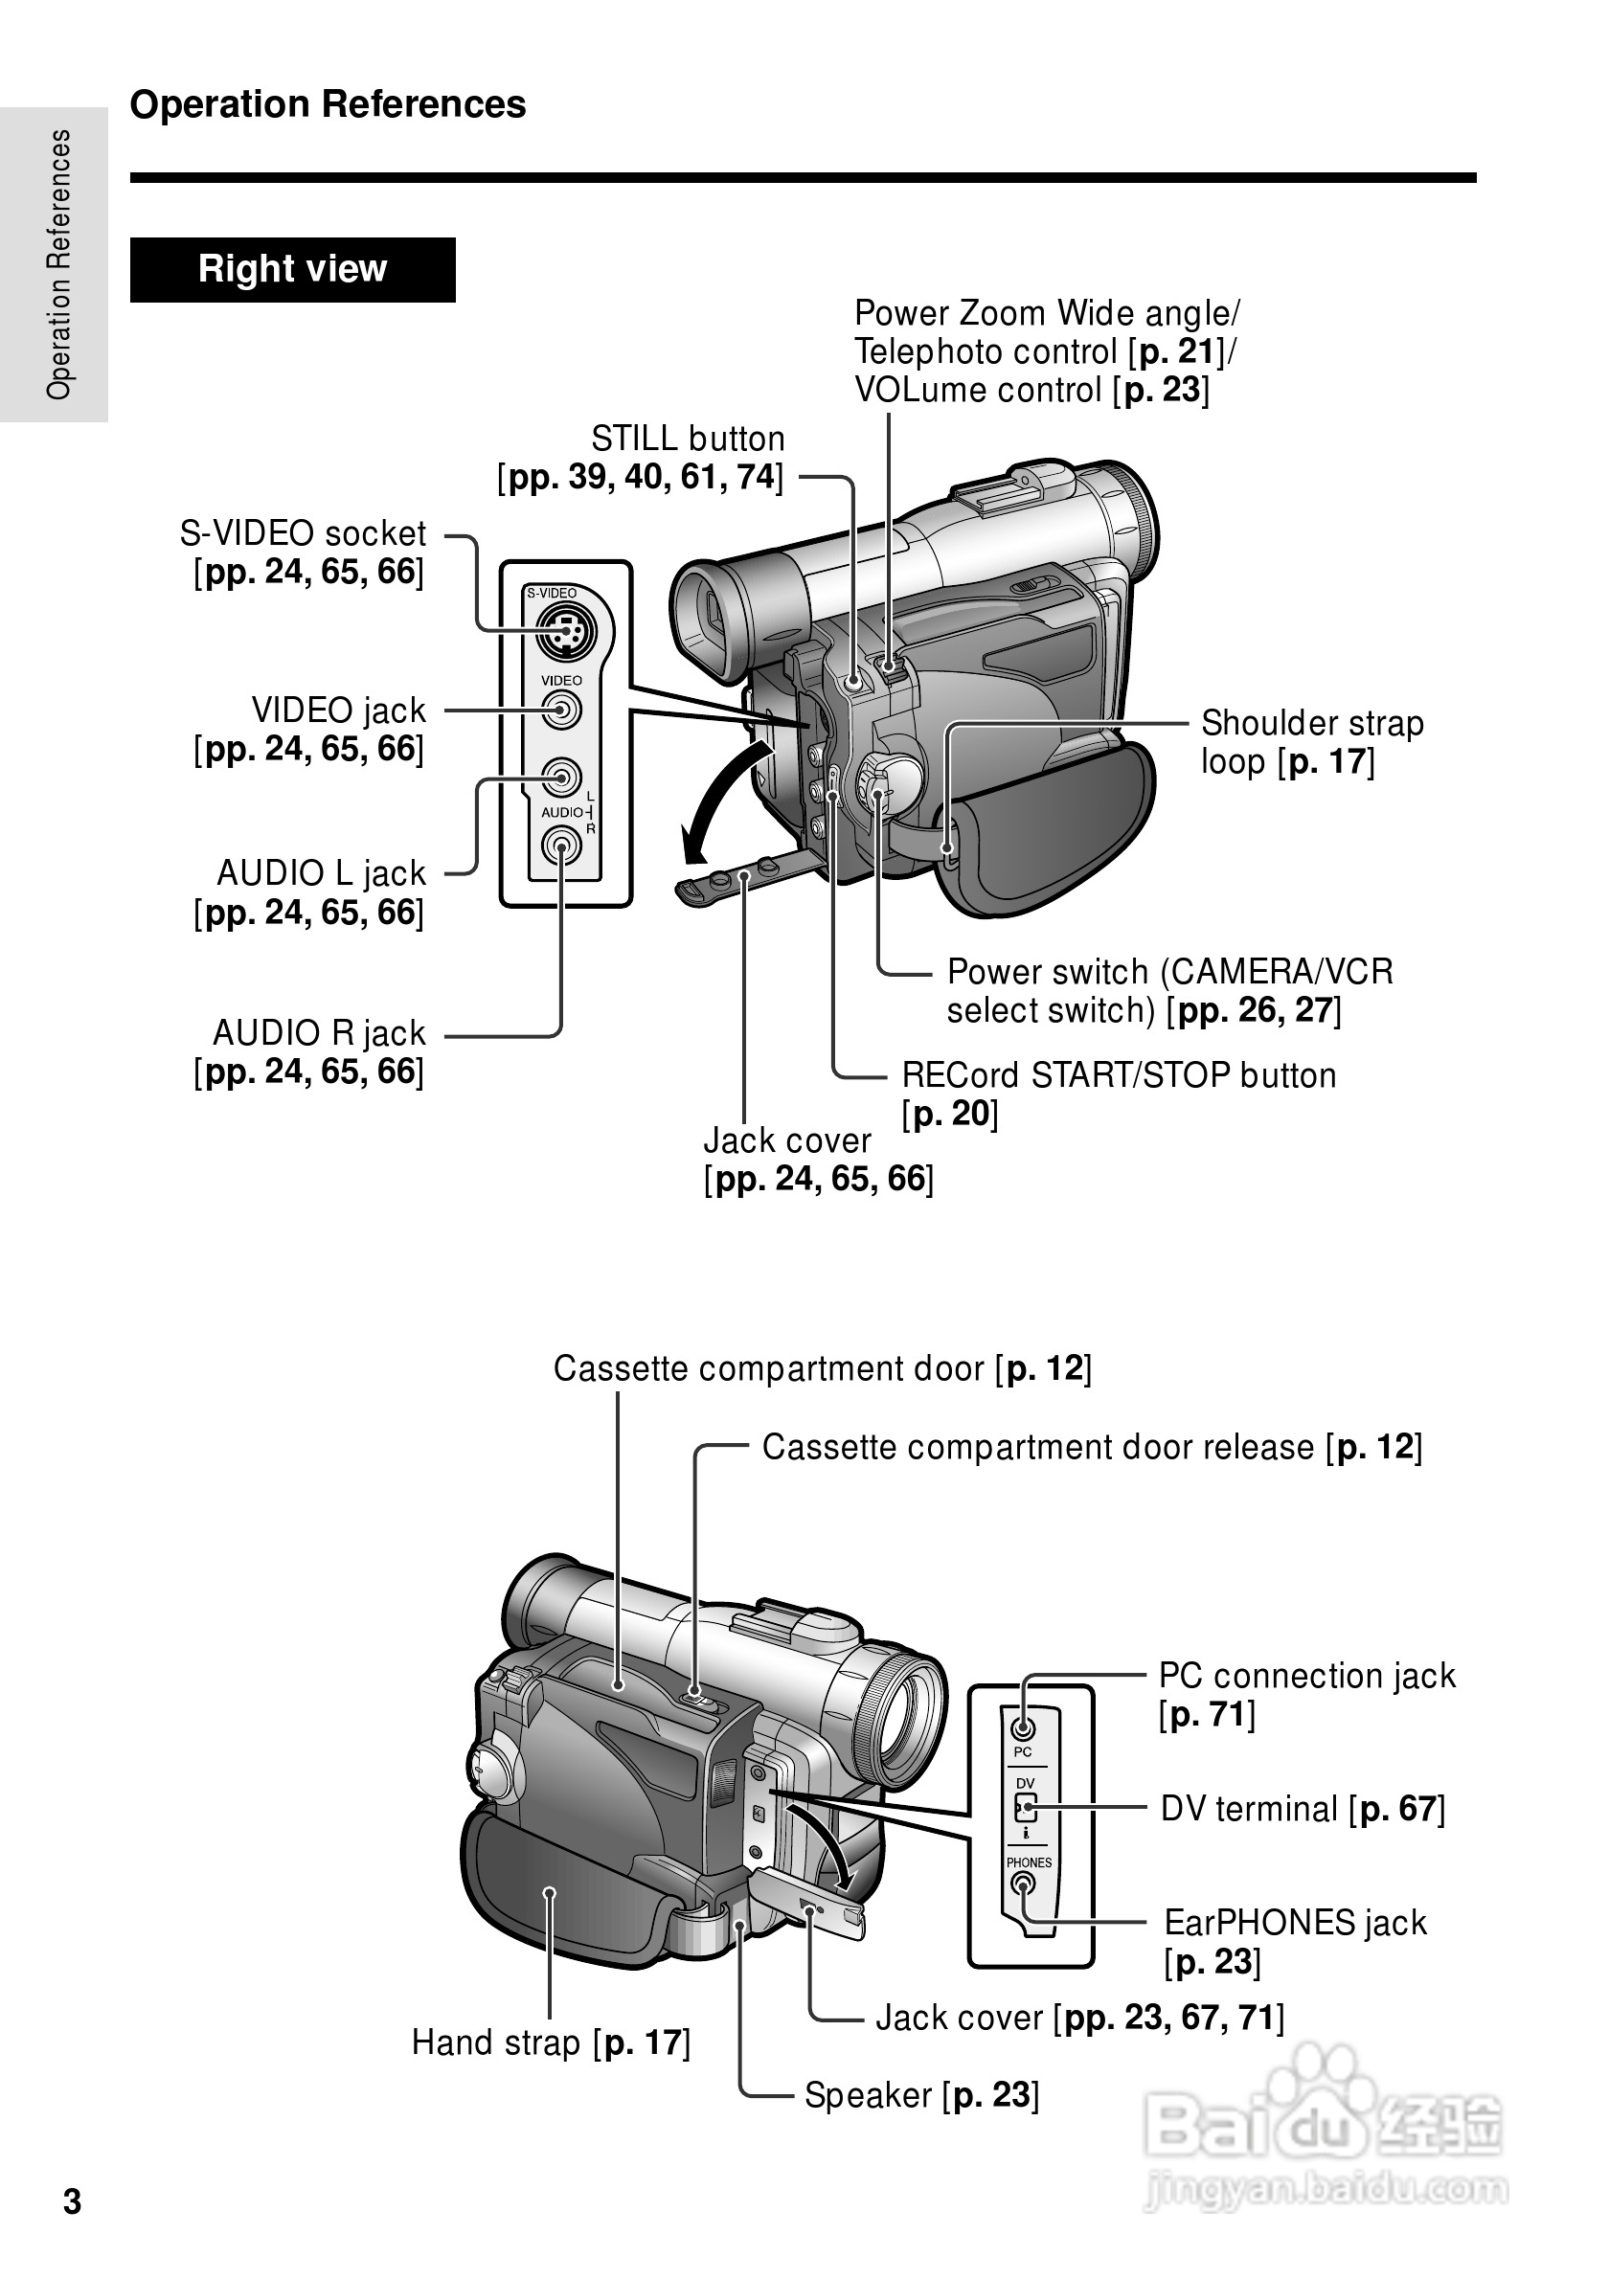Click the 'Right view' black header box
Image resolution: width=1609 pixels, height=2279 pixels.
[292, 269]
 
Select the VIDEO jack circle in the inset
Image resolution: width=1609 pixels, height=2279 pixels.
[562, 710]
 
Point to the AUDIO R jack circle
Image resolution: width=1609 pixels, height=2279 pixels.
[561, 846]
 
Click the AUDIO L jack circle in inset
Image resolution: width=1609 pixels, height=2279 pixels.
[562, 778]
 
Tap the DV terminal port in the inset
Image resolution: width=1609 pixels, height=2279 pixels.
[1027, 1808]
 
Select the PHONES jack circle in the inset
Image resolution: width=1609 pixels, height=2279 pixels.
[1022, 1881]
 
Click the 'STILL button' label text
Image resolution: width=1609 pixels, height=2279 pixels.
[687, 439]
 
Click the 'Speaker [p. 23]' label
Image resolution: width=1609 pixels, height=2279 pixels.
[920, 2094]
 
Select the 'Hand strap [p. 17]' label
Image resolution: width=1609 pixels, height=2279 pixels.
[551, 2042]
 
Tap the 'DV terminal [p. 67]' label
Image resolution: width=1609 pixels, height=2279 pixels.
[1302, 1809]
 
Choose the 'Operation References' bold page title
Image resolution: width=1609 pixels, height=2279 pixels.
[328, 104]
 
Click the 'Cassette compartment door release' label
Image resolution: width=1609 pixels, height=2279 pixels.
[1091, 1447]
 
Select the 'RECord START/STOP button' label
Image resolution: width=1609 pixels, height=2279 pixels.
[1118, 1075]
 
